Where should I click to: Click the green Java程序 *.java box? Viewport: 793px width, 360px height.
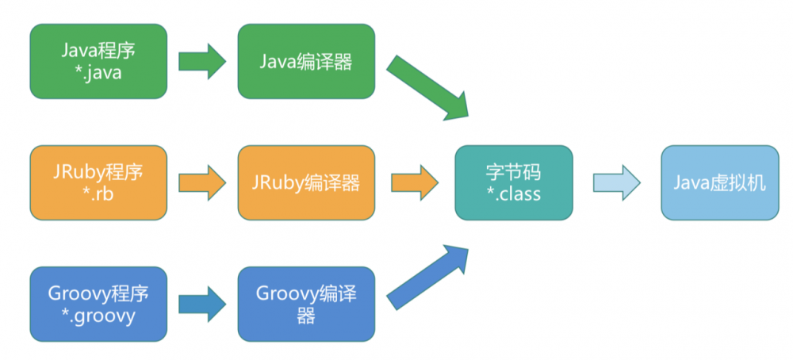point(98,61)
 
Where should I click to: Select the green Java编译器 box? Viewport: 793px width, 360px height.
point(306,61)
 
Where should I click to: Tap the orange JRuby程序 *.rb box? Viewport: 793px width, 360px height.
point(98,182)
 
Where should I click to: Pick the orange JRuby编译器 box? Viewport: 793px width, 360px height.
point(306,182)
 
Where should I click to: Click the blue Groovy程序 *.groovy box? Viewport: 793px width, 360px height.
point(98,304)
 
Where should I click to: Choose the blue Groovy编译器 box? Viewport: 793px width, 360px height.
point(306,304)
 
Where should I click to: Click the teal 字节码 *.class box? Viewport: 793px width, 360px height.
point(513,182)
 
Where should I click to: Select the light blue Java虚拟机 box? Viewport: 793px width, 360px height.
point(720,182)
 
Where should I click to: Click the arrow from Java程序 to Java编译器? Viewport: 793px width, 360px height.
point(202,62)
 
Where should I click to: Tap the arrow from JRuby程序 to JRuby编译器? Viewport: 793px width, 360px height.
point(202,182)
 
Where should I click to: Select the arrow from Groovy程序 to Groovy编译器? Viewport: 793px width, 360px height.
point(202,304)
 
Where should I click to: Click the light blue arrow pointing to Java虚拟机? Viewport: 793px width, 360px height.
point(616,182)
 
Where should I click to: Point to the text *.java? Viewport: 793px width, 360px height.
point(98,73)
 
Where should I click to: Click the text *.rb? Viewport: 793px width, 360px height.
point(98,194)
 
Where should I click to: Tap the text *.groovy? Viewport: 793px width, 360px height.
point(98,316)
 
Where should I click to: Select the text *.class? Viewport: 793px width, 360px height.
point(513,193)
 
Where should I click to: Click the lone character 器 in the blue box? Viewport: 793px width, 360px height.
point(306,316)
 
